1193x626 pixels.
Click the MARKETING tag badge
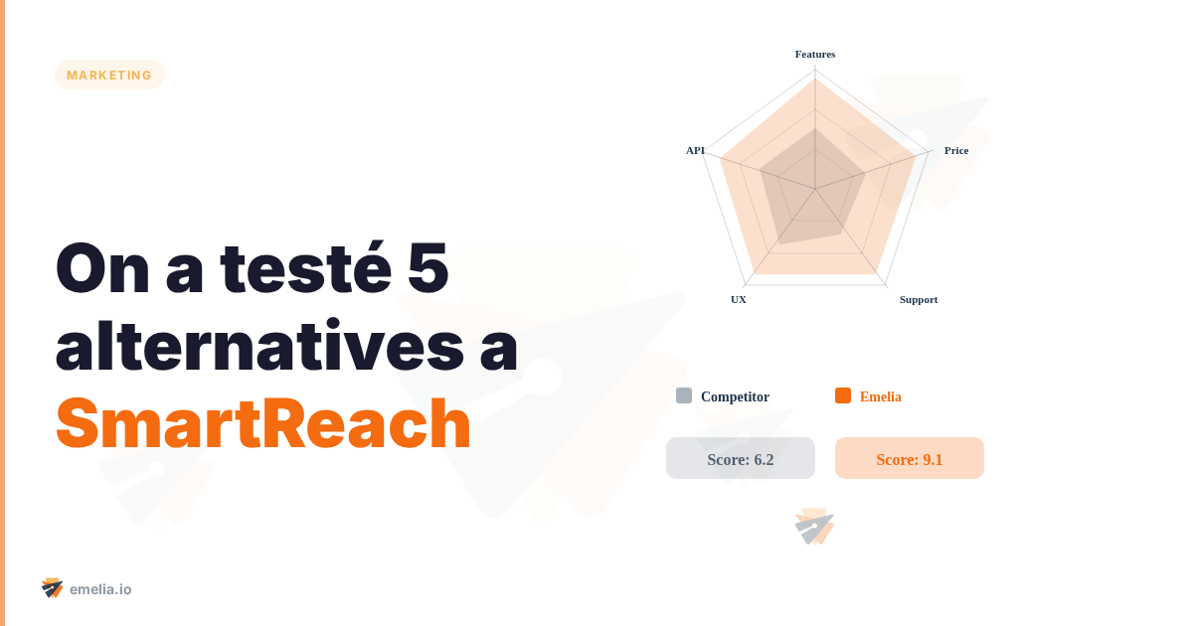pyautogui.click(x=109, y=75)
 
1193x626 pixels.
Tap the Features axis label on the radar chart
pyautogui.click(x=815, y=54)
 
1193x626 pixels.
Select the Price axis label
pyautogui.click(x=956, y=150)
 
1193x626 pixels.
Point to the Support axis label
pyautogui.click(x=919, y=299)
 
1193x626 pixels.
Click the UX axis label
pyautogui.click(x=739, y=299)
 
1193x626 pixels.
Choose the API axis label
pyautogui.click(x=695, y=150)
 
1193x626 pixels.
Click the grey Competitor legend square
pyautogui.click(x=684, y=395)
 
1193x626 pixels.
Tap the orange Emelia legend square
pyautogui.click(x=843, y=395)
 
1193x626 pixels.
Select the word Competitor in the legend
pyautogui.click(x=735, y=396)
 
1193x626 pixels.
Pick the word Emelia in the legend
pyautogui.click(x=881, y=396)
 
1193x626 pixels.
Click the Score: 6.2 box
pyautogui.click(x=741, y=458)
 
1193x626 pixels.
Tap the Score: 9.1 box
pyautogui.click(x=910, y=458)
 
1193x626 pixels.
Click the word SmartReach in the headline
pyautogui.click(x=263, y=424)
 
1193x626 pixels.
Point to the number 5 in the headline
pyautogui.click(x=427, y=268)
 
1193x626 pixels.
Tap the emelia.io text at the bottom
pyautogui.click(x=100, y=589)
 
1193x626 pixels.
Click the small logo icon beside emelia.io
pyautogui.click(x=53, y=588)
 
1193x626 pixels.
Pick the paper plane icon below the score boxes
pyautogui.click(x=814, y=527)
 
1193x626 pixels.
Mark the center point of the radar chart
pyautogui.click(x=815, y=189)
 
